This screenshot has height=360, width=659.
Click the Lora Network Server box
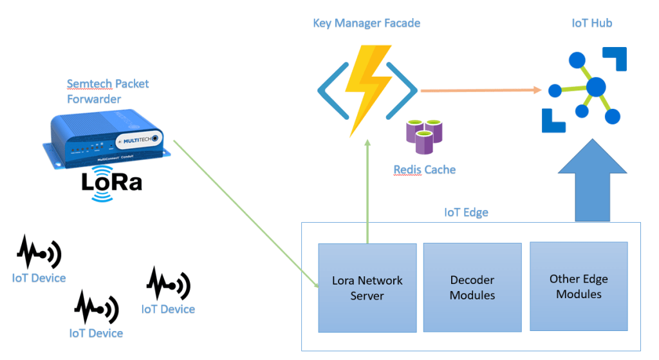coord(367,288)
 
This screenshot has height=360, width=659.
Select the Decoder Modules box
coord(472,288)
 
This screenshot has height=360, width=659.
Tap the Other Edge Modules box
coord(578,287)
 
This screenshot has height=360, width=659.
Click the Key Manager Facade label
coord(366,23)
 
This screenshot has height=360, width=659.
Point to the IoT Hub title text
coord(591,23)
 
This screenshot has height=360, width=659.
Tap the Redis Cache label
coord(424,170)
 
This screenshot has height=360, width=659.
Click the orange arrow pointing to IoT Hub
coord(479,90)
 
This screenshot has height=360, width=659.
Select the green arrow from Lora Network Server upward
coord(367,193)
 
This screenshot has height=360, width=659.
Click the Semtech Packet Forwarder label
coord(107,91)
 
